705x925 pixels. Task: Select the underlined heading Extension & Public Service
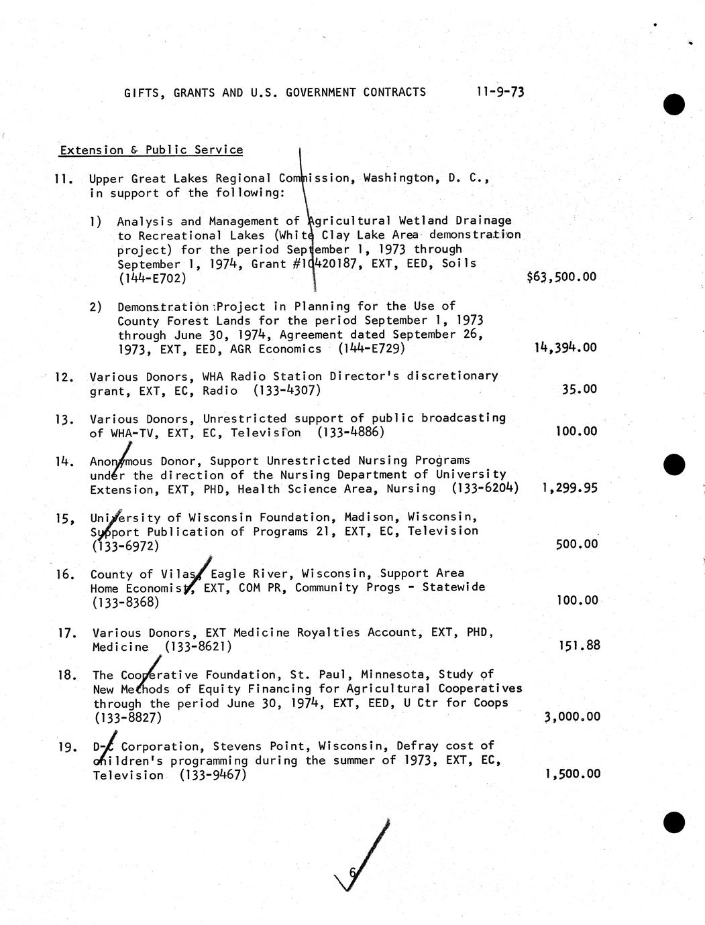click(151, 150)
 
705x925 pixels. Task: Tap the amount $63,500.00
click(561, 277)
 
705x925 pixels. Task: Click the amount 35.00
click(579, 389)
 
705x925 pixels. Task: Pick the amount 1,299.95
click(569, 489)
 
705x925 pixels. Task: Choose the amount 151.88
click(579, 646)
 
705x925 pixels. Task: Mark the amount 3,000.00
click(572, 717)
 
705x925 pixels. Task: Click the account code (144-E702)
click(152, 278)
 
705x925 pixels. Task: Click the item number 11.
click(64, 179)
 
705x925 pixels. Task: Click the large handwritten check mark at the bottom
click(366, 858)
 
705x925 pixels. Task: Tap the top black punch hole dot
click(673, 105)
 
